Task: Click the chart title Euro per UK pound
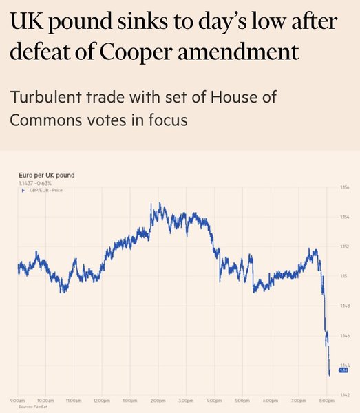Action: click(x=46, y=175)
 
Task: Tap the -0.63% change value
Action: click(x=43, y=183)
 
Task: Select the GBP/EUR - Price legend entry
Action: click(x=43, y=190)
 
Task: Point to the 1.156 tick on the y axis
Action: click(x=345, y=187)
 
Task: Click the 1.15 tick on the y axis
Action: click(x=343, y=276)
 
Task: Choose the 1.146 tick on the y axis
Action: click(x=345, y=335)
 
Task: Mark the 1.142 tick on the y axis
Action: click(x=345, y=395)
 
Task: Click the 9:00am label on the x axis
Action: click(x=18, y=401)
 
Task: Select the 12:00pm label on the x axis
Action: click(x=102, y=401)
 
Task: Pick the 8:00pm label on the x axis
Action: click(x=328, y=401)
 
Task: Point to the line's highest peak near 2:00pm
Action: click(x=158, y=204)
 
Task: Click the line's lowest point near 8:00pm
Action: click(x=330, y=375)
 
